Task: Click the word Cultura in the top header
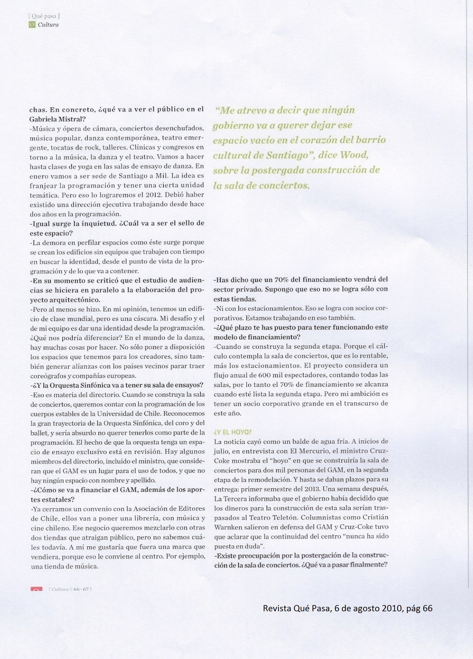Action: [x=48, y=25]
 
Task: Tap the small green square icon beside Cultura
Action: [x=32, y=25]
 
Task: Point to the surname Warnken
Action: [x=227, y=527]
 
